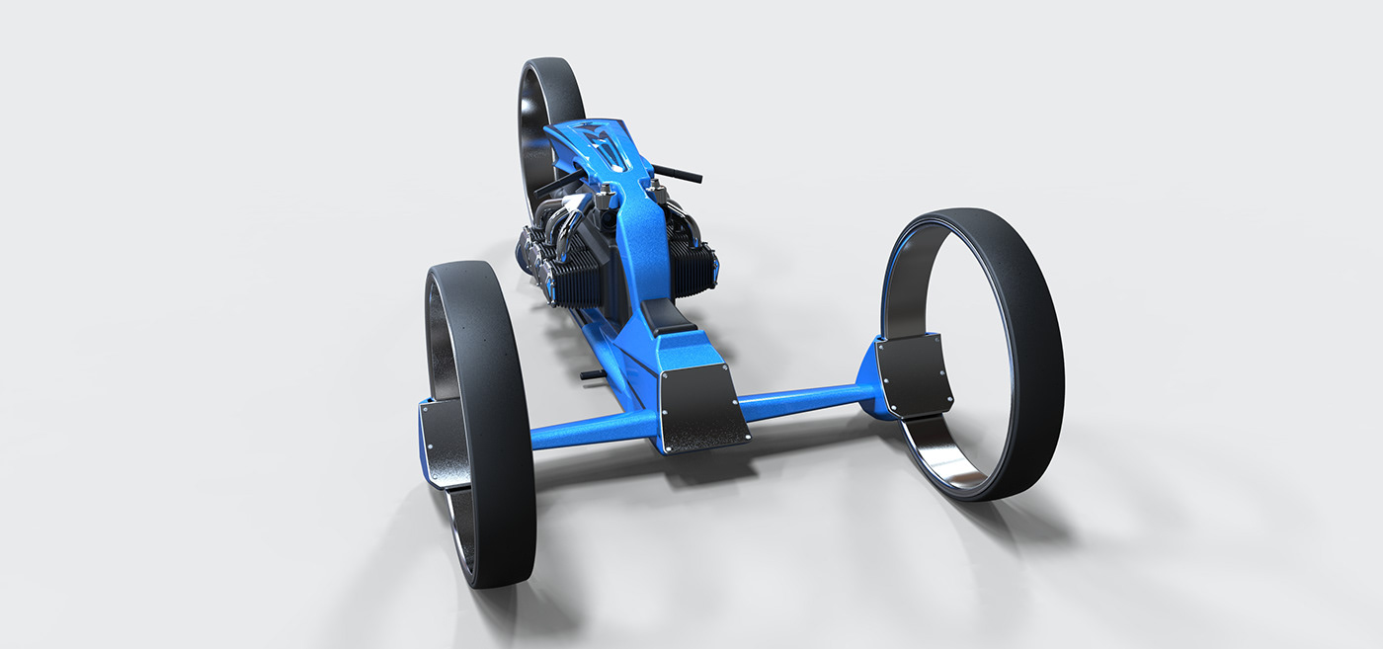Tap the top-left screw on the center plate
click(x=664, y=375)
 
